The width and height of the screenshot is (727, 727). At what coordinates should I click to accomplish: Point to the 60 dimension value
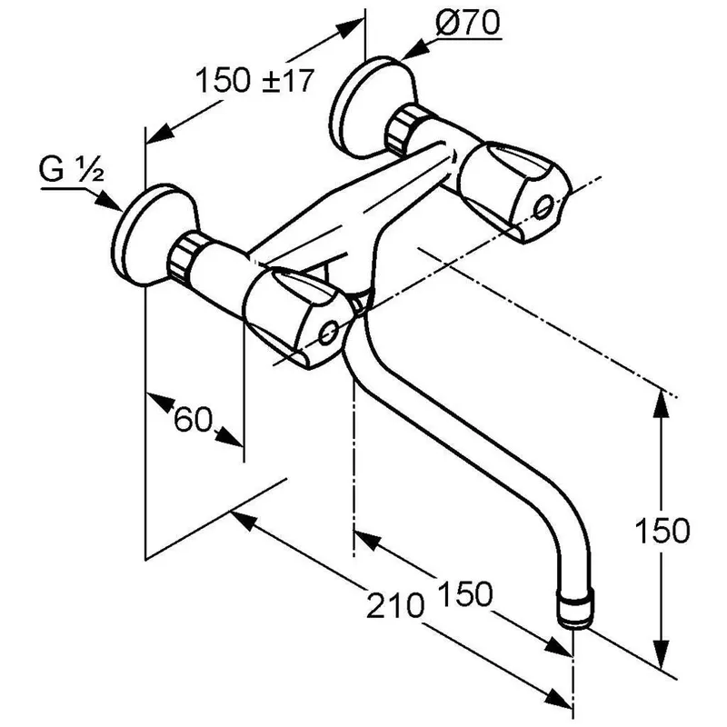(194, 420)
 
